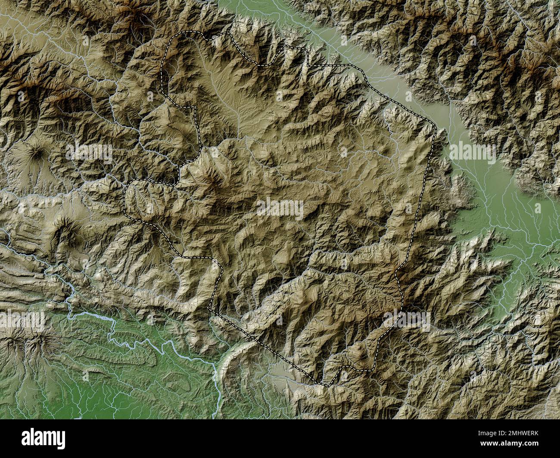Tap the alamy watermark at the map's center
[x=280, y=208]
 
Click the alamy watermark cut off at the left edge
[x=22, y=320]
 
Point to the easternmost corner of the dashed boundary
[x=436, y=129]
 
